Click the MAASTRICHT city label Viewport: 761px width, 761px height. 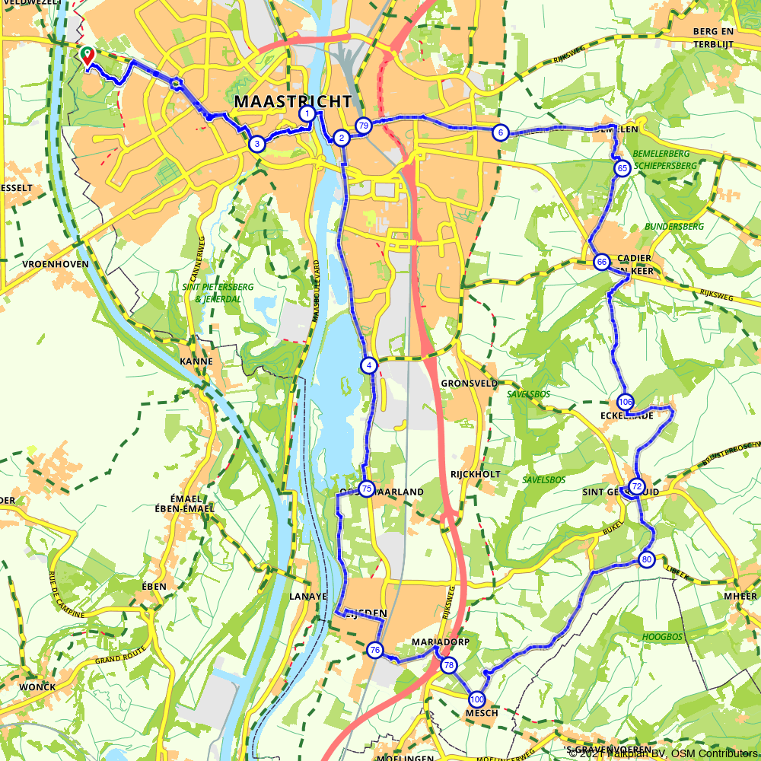tap(293, 101)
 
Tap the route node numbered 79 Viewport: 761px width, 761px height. tap(363, 126)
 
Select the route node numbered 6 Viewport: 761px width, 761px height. tap(500, 132)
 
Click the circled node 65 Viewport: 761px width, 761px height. tap(622, 168)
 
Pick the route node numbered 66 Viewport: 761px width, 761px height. tap(601, 262)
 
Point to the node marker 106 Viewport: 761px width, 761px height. tap(626, 402)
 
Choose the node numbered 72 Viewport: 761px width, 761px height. tap(637, 486)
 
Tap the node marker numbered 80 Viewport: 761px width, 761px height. tap(647, 560)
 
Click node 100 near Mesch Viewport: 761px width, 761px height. tap(477, 699)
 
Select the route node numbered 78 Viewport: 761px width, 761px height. tap(448, 665)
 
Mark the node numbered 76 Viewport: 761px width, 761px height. tap(374, 650)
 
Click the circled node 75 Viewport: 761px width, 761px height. tap(367, 489)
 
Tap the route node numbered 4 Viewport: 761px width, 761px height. tap(369, 365)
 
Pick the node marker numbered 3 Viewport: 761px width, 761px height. tap(257, 144)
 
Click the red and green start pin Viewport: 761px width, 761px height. tap(88, 56)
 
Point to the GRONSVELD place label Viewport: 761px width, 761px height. tap(468, 384)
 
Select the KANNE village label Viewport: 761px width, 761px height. tap(196, 361)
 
